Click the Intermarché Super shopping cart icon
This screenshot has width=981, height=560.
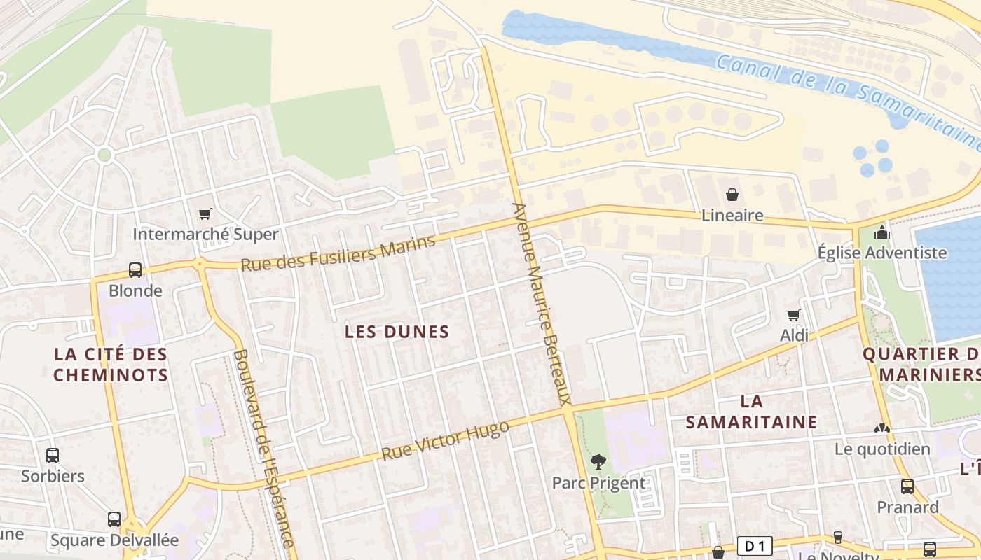tap(205, 214)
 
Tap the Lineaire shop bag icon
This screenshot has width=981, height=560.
tap(732, 195)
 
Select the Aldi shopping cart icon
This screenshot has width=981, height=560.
tap(794, 316)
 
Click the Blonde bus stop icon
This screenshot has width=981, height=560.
tap(135, 270)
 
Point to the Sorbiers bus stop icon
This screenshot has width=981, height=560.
tap(53, 456)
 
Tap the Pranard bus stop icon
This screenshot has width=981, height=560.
tap(907, 486)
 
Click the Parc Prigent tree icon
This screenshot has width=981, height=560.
tap(598, 462)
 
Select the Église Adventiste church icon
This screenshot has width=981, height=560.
tap(881, 232)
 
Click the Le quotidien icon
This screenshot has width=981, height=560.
tap(881, 428)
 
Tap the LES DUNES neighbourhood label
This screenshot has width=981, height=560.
tap(397, 332)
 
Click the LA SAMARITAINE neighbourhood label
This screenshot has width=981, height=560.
tap(751, 412)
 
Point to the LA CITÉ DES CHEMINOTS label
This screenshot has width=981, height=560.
tap(111, 364)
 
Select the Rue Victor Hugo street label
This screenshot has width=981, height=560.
tap(445, 441)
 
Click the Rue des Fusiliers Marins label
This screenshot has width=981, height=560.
tap(338, 253)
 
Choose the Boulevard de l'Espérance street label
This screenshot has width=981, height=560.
tap(263, 448)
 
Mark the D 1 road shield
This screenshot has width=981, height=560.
tap(754, 545)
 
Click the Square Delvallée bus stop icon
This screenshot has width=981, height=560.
tap(114, 519)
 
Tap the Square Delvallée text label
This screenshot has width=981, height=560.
tap(114, 540)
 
